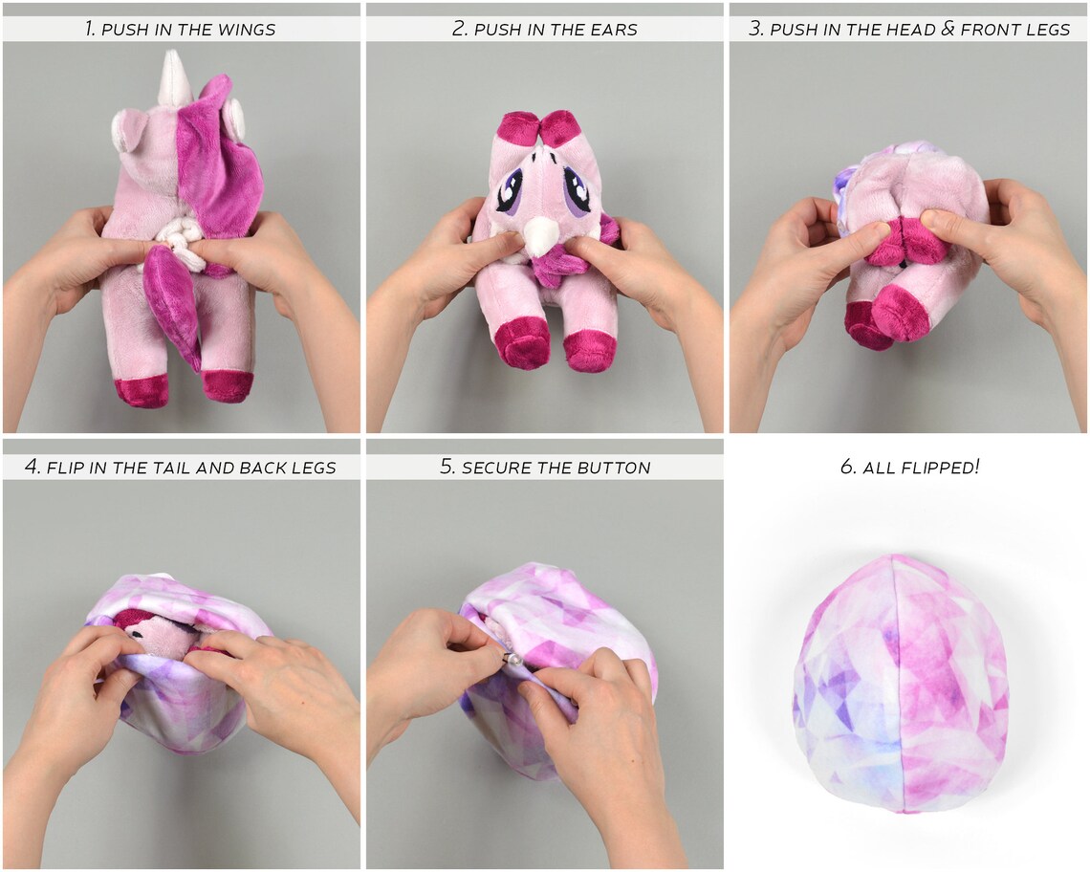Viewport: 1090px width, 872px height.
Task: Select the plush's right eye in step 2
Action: click(577, 190)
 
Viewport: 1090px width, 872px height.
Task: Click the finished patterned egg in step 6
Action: click(902, 684)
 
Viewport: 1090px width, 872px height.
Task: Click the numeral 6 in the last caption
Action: click(845, 468)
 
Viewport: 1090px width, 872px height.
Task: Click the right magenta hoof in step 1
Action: click(229, 386)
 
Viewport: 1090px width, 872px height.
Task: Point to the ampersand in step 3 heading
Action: click(948, 29)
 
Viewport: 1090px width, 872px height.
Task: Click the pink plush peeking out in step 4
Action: click(163, 632)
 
